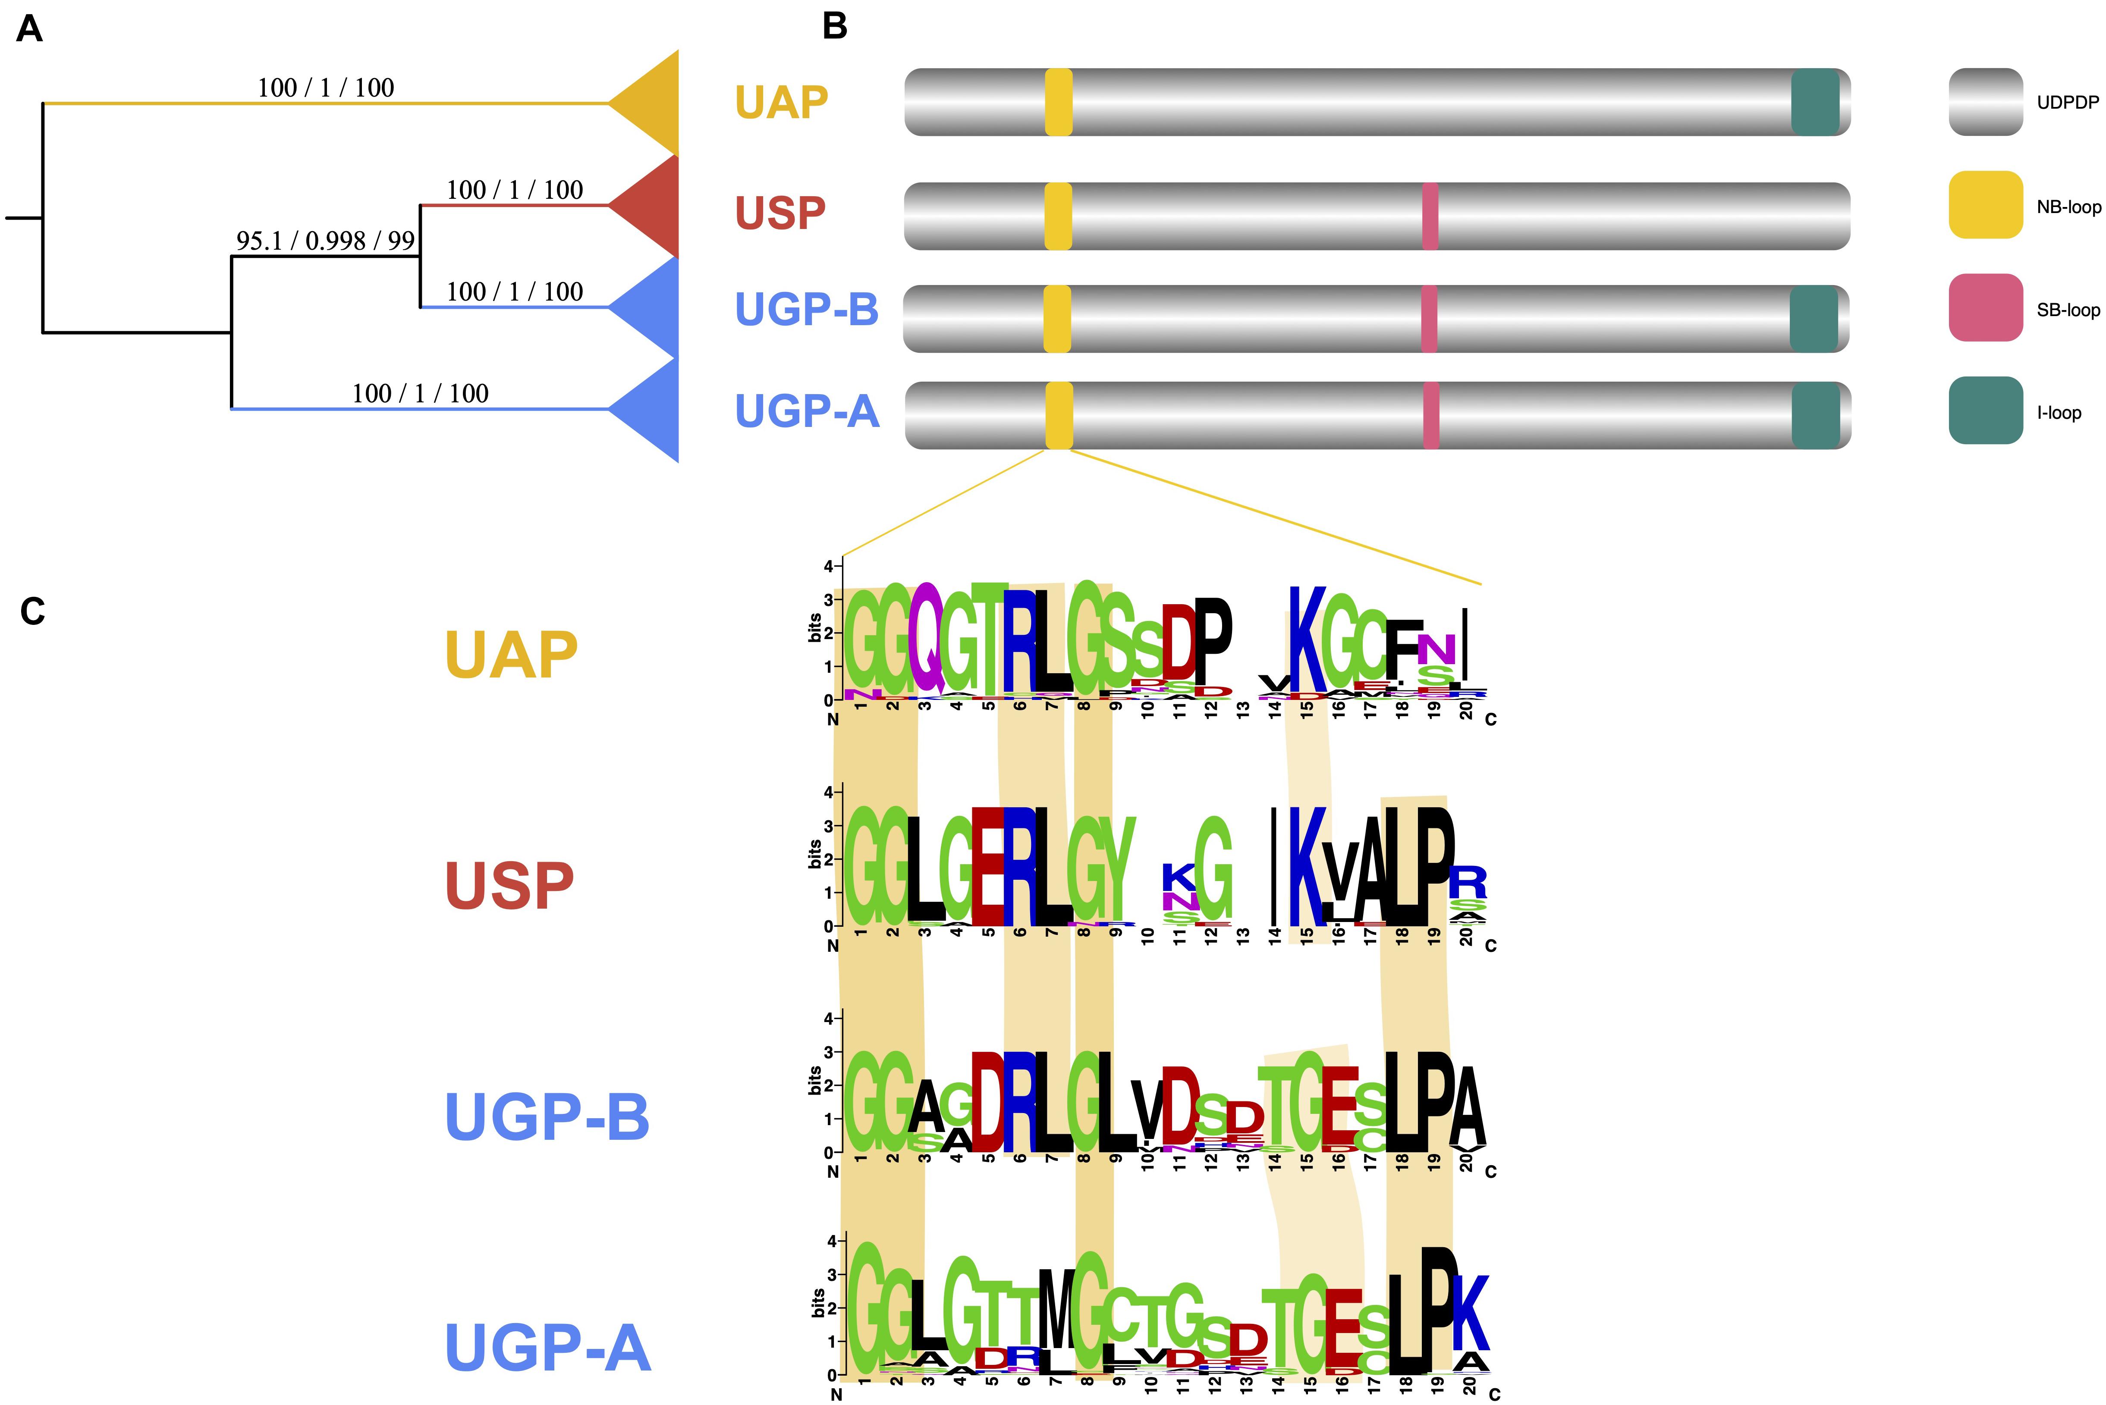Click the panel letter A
30,30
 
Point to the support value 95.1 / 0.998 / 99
325,240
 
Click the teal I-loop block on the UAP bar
1815,102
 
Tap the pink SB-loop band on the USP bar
1430,216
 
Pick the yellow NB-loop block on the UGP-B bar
1057,318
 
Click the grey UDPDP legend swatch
1985,102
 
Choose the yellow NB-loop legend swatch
1985,205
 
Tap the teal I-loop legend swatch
1985,411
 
